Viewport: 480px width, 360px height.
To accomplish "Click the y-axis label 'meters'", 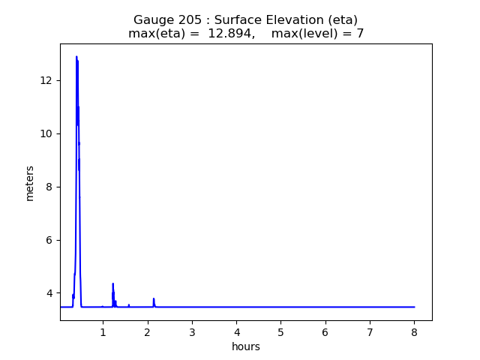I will (30, 183).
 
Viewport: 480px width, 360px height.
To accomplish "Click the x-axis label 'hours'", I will (246, 346).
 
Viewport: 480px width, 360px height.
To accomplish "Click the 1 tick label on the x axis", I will (103, 332).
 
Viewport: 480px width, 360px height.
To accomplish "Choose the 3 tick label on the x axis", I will (192, 332).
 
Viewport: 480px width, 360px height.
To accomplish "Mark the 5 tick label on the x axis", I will (280, 332).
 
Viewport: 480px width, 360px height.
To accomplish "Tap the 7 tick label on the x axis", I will (370, 332).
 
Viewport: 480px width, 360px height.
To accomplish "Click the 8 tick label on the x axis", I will (414, 332).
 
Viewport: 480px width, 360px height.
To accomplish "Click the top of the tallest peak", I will (76, 57).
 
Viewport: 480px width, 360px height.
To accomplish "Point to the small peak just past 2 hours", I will (154, 298).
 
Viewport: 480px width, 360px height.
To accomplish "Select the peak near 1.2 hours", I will (112, 283).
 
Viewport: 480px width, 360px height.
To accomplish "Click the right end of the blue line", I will (414, 307).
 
